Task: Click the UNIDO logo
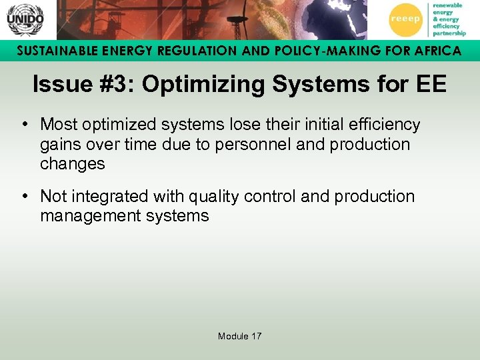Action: tap(25, 19)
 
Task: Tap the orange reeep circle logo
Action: tap(405, 19)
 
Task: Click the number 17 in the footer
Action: tap(256, 336)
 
